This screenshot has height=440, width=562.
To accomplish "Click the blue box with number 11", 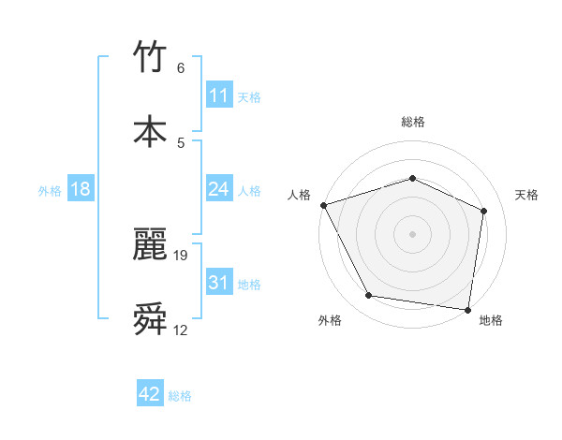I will (218, 95).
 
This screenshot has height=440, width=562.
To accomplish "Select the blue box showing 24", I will (218, 189).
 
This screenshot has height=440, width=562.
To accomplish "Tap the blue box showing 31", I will (218, 283).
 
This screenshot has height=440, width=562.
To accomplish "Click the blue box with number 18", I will (81, 189).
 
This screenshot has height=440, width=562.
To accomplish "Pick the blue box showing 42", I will (150, 395).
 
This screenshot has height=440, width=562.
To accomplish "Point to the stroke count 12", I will (181, 330).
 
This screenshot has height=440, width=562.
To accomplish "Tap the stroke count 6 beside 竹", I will (181, 68).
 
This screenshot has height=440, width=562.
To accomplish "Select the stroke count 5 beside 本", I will (181, 142).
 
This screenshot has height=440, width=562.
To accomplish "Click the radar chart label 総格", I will (413, 122).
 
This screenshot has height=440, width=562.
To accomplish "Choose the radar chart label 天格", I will (526, 195).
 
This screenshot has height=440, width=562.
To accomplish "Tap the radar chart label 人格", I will (299, 195).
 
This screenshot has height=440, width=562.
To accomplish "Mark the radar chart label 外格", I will (330, 320).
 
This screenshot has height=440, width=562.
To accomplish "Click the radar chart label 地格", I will (491, 320).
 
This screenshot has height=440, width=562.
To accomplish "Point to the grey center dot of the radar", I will (412, 233).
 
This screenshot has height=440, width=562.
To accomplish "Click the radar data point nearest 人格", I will (323, 205).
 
